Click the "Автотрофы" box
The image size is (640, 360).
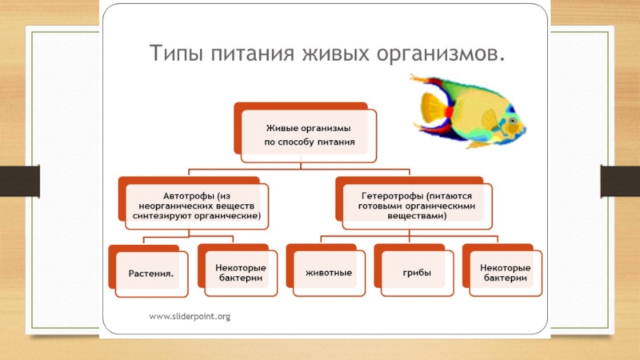point(194,205)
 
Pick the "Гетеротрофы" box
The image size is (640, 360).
point(414,205)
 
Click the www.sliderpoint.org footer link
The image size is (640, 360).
point(190,317)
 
